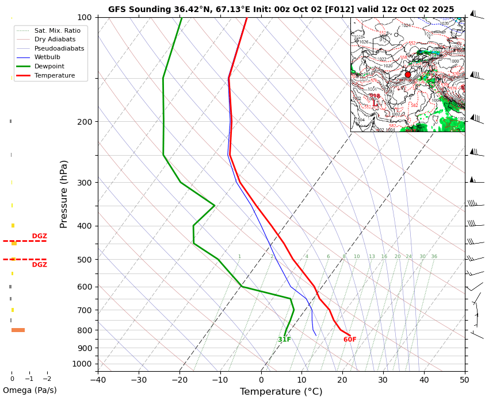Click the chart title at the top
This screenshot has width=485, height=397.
tap(281, 9)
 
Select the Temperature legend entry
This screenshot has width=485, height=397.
tap(54, 75)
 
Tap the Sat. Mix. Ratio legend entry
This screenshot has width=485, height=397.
tap(57, 30)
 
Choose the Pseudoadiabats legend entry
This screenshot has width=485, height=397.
tap(59, 48)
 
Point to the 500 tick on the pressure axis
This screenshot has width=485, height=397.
tap(84, 260)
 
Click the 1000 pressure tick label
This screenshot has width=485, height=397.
tap(82, 364)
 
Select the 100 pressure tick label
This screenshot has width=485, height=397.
tap(84, 18)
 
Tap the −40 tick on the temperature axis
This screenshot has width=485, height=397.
tap(98, 379)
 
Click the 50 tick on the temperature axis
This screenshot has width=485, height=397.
tap(465, 379)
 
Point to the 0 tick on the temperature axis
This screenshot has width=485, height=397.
tap(261, 379)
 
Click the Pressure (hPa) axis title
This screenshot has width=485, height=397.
tap(64, 194)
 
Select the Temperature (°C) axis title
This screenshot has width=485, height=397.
tap(281, 391)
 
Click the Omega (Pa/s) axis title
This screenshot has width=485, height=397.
tap(29, 390)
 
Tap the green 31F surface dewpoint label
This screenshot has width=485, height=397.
tap(284, 340)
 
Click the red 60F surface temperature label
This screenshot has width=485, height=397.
tap(350, 340)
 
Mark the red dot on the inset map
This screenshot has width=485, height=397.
tap(408, 74)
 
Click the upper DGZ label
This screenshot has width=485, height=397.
tap(40, 236)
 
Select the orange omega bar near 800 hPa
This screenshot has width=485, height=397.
tap(18, 330)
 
